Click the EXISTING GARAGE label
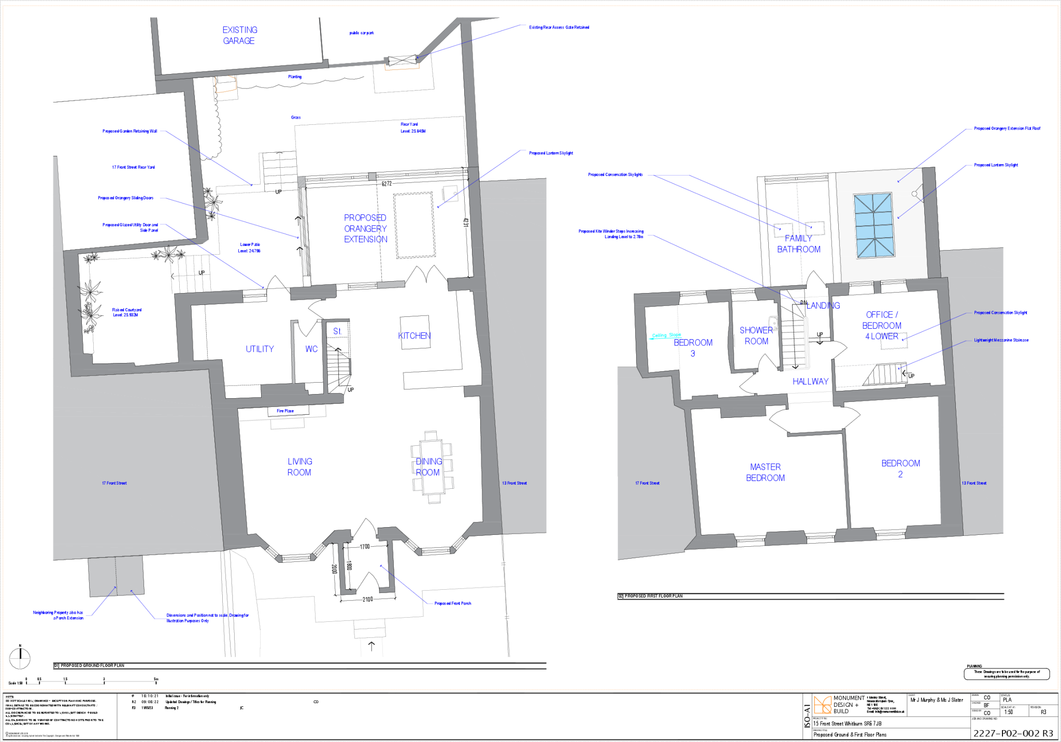(239, 35)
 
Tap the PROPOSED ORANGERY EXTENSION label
(365, 228)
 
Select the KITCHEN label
(414, 336)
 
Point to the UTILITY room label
(260, 349)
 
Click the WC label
(311, 349)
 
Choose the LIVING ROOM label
(299, 467)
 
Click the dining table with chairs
(432, 468)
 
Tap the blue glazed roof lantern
(874, 225)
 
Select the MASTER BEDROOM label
(765, 472)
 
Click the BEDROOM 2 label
(900, 469)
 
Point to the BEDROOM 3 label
(693, 348)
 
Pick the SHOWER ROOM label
(756, 336)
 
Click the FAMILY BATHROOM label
(798, 244)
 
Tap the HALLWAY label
(810, 382)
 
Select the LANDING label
(823, 305)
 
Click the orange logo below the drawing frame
(822, 705)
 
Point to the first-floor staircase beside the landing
(794, 344)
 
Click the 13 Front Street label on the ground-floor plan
(514, 483)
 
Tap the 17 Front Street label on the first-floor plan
(647, 483)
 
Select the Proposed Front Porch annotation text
(453, 604)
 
